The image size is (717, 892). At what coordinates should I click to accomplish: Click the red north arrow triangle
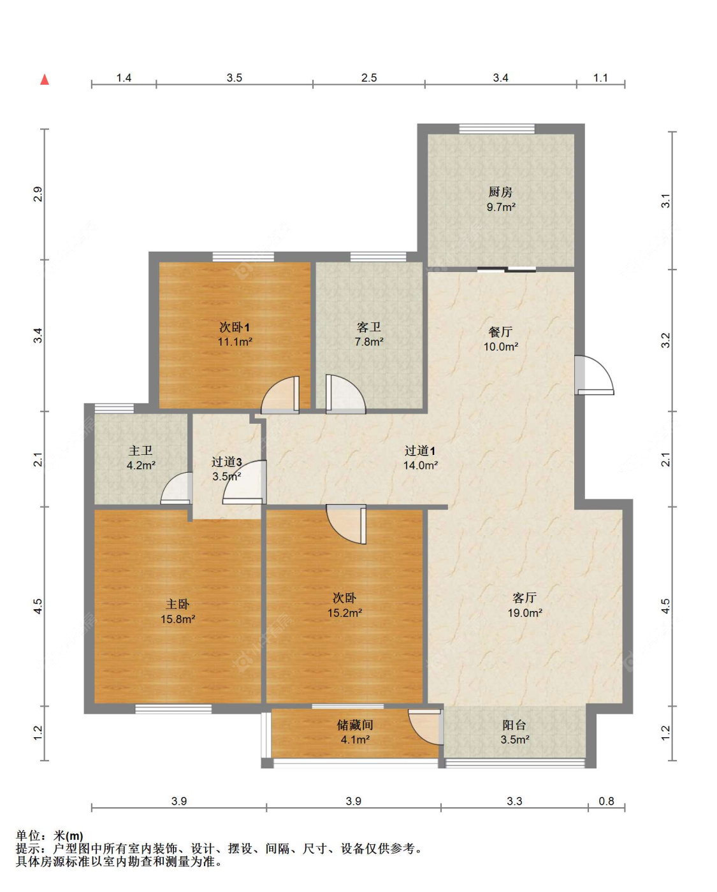45,80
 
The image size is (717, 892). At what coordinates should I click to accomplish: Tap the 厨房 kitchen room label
500,192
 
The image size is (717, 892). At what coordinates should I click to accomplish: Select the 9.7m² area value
501,207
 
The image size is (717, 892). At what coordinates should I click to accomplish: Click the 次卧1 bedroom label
235,327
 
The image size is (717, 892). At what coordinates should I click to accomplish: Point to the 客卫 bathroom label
368,327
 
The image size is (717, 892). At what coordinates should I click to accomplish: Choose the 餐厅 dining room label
500,331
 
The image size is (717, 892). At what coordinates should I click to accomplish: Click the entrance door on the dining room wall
594,375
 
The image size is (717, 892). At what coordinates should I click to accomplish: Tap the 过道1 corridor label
420,450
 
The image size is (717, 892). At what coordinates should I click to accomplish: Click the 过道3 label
226,461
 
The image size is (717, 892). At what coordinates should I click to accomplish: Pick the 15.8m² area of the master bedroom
178,619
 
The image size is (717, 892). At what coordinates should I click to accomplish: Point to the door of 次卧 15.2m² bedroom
346,524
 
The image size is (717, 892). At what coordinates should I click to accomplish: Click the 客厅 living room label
525,598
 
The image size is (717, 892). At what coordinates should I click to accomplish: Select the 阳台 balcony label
514,725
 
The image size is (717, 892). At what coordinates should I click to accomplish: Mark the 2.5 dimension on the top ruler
368,78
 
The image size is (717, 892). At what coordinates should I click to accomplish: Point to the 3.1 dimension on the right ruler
665,201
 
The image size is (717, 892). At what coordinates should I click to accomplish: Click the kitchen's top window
496,129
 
